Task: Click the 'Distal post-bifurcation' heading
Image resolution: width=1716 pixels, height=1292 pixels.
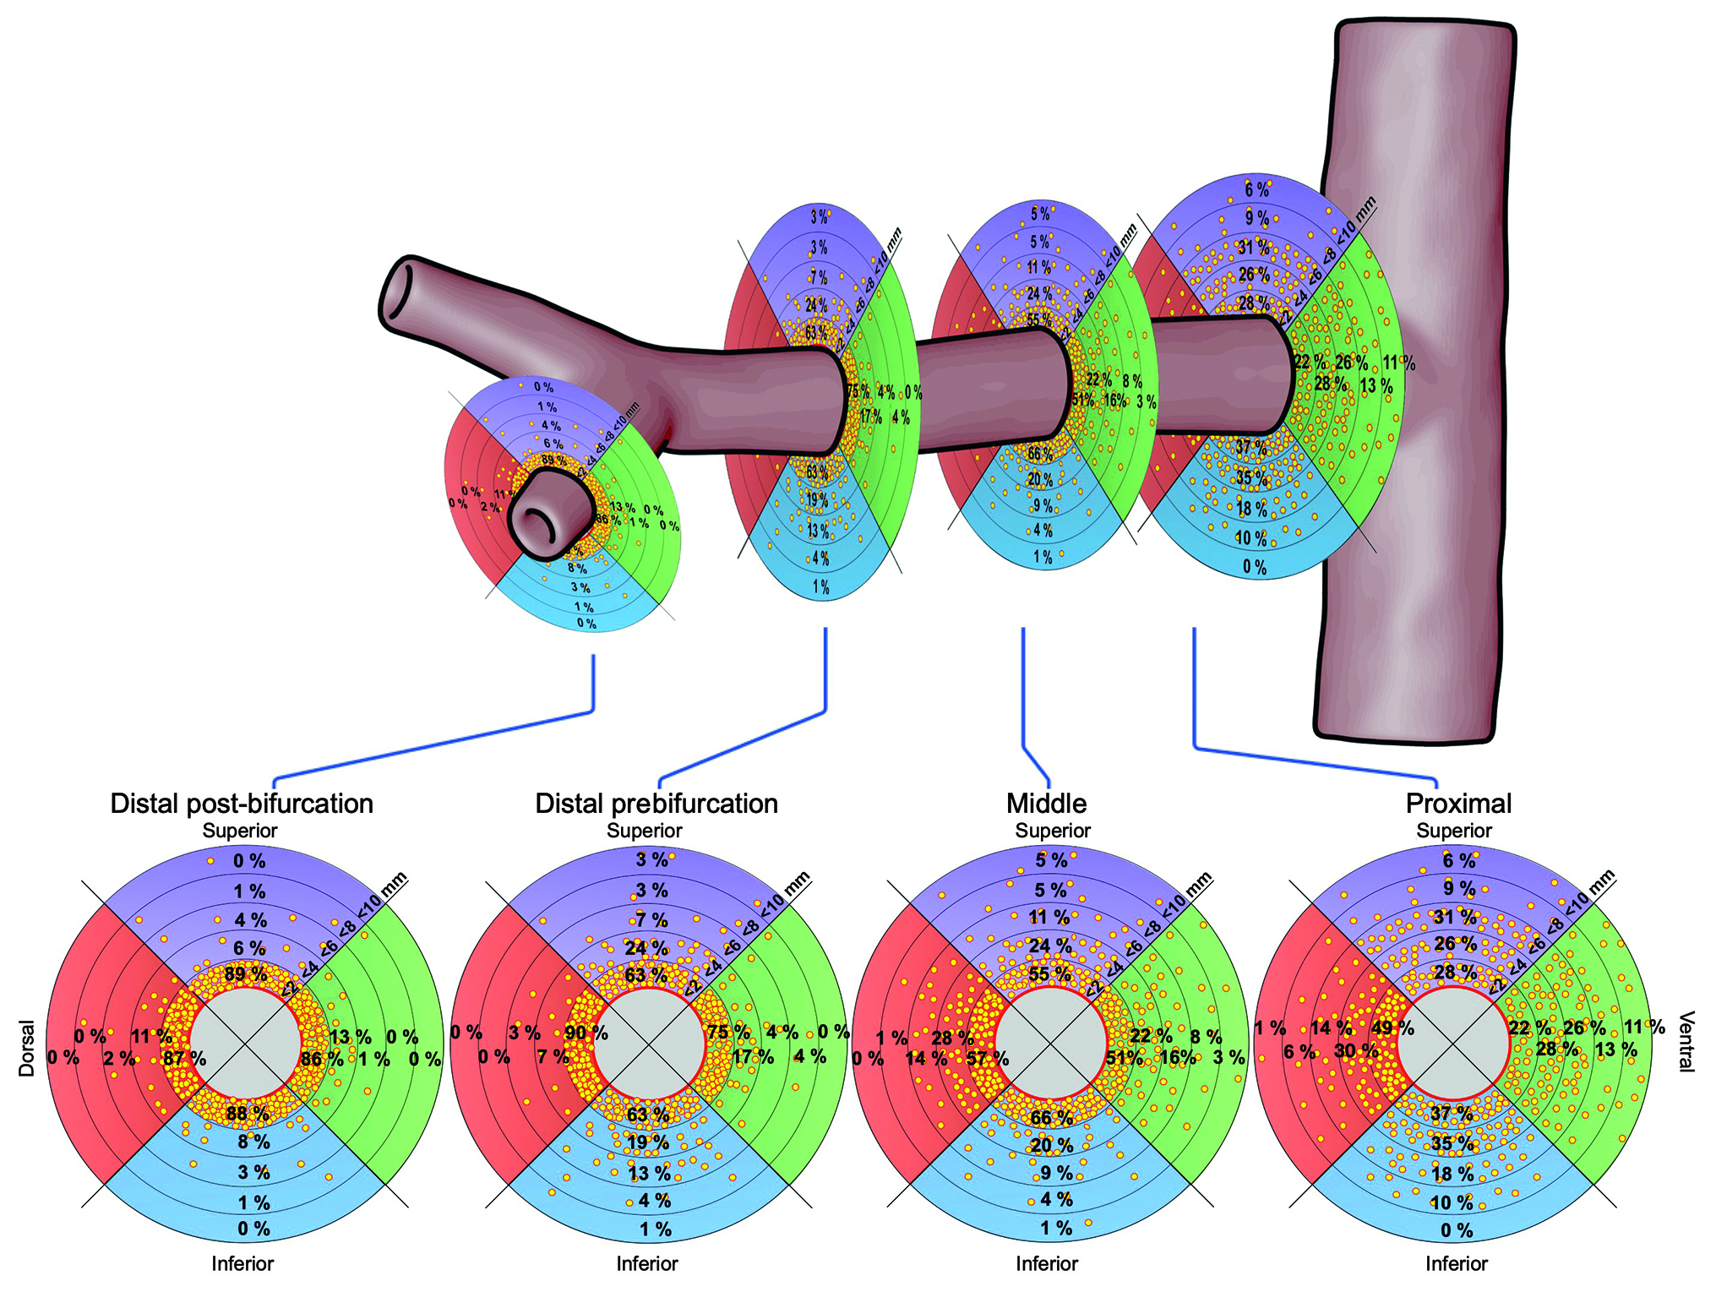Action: click(x=242, y=804)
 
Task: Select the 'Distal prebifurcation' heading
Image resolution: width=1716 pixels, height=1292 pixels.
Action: click(x=656, y=804)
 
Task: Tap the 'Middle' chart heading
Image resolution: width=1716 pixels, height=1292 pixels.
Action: click(x=1046, y=804)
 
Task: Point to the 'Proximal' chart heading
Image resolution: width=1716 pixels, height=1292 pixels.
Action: click(x=1458, y=804)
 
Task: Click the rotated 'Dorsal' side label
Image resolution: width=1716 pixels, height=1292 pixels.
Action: click(x=27, y=1049)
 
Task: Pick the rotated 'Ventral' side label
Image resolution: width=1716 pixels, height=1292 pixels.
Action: click(x=1686, y=1041)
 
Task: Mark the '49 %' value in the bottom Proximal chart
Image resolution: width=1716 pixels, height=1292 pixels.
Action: click(x=1392, y=1028)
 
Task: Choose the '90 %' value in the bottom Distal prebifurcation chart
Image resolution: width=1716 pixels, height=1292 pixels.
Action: click(x=586, y=1033)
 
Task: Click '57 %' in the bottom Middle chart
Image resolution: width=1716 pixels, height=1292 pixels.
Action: click(x=987, y=1059)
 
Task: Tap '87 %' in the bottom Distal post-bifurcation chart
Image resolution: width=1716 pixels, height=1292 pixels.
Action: click(x=184, y=1059)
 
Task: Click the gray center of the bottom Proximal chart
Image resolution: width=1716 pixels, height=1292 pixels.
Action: click(x=1453, y=1044)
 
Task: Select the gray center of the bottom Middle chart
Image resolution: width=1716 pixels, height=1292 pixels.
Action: click(x=1051, y=1044)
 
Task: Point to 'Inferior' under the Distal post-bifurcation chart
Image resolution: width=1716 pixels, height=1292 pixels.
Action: click(x=242, y=1263)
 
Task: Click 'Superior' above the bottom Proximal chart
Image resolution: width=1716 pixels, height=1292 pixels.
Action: click(x=1454, y=831)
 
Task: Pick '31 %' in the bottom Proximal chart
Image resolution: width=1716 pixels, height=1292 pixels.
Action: click(x=1455, y=917)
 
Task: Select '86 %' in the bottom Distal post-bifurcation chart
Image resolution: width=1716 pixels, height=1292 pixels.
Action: click(x=322, y=1059)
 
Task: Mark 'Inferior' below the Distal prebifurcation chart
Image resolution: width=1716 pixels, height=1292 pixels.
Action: click(x=647, y=1263)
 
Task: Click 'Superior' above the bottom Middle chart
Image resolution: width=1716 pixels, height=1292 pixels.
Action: click(x=1053, y=831)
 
